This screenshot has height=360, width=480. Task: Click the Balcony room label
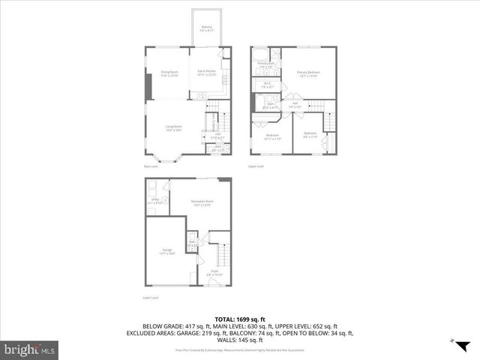click(207, 28)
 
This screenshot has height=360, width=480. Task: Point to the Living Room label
click(174, 128)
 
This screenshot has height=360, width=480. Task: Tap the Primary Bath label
click(265, 65)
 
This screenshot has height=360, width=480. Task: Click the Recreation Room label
click(200, 203)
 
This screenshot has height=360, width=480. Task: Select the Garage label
click(167, 253)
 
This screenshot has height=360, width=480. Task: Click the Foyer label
click(214, 273)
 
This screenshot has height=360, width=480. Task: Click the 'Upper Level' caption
click(256, 166)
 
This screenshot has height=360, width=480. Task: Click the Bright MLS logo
click(29, 349)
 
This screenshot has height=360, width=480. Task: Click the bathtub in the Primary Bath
click(259, 54)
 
